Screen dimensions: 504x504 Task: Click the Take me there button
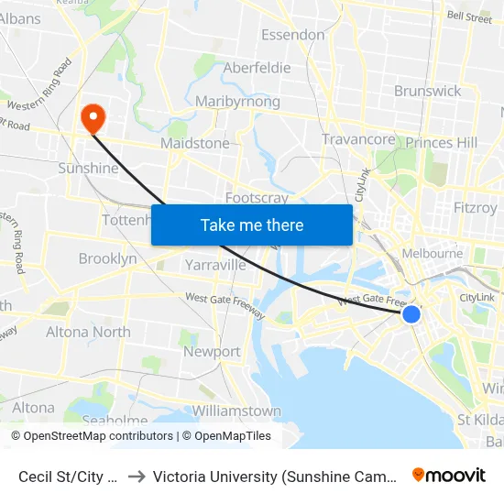tap(252, 225)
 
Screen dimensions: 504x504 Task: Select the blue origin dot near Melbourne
tap(411, 314)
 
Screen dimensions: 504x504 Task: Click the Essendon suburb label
tap(293, 35)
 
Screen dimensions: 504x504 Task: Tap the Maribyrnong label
tap(237, 102)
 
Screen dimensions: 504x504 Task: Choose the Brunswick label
tap(428, 91)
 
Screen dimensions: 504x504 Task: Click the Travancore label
tap(358, 139)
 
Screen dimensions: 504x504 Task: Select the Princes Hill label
tap(442, 143)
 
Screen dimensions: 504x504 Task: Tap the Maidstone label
tap(194, 143)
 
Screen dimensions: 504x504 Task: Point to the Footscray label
tap(257, 197)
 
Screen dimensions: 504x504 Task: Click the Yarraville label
tap(215, 265)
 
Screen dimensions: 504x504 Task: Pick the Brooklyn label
tap(107, 258)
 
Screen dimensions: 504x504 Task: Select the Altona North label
tap(88, 332)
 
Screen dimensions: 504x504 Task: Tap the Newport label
tap(212, 351)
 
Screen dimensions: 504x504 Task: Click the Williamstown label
tap(236, 411)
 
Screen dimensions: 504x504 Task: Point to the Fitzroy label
tap(475, 208)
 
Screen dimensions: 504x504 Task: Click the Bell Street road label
tap(469, 16)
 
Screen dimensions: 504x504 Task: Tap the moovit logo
tap(449, 475)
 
